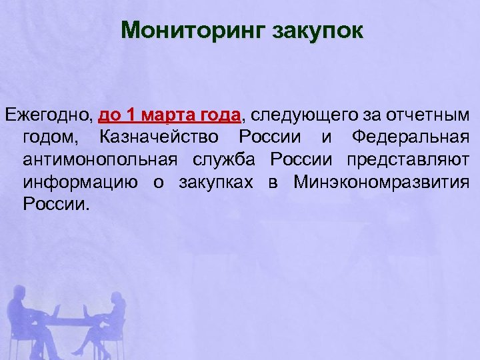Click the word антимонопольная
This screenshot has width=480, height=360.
[x=99, y=160]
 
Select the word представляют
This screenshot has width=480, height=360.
[x=407, y=160]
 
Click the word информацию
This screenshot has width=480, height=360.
[x=80, y=182]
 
